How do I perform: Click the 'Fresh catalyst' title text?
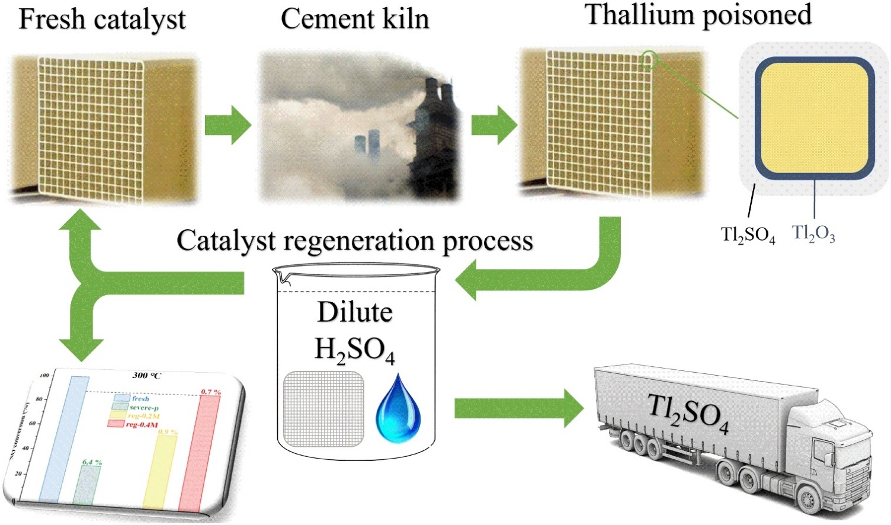(x=102, y=20)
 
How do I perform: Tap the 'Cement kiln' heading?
(x=354, y=19)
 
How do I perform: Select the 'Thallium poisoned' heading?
(x=698, y=15)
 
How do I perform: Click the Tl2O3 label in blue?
(x=813, y=234)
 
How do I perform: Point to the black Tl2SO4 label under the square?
(x=748, y=235)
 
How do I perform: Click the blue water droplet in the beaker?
(x=398, y=410)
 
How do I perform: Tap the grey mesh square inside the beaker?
(x=323, y=409)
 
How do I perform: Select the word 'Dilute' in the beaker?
(x=355, y=312)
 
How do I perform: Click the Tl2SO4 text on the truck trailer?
(x=687, y=412)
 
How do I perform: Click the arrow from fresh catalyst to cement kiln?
(x=227, y=125)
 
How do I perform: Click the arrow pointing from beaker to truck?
(x=518, y=409)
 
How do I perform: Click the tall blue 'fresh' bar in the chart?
(x=64, y=438)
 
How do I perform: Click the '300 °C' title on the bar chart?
(x=146, y=376)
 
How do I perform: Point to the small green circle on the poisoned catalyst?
(x=649, y=60)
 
